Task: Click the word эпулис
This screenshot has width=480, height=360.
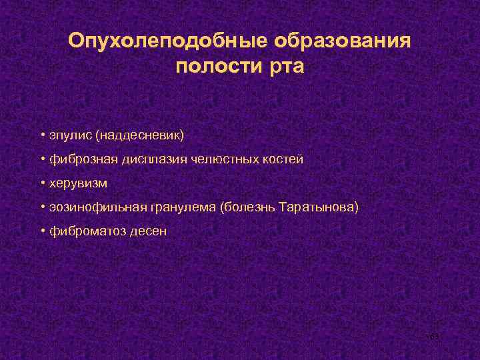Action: pos(69,135)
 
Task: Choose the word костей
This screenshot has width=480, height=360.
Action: pos(280,159)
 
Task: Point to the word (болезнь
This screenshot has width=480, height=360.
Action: pos(243,207)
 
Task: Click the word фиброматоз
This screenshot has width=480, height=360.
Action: pos(82,231)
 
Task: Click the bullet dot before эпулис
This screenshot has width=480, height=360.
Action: pos(41,135)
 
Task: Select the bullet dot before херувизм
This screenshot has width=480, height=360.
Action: pos(41,183)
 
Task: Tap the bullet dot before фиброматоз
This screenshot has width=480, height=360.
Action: pos(41,231)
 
